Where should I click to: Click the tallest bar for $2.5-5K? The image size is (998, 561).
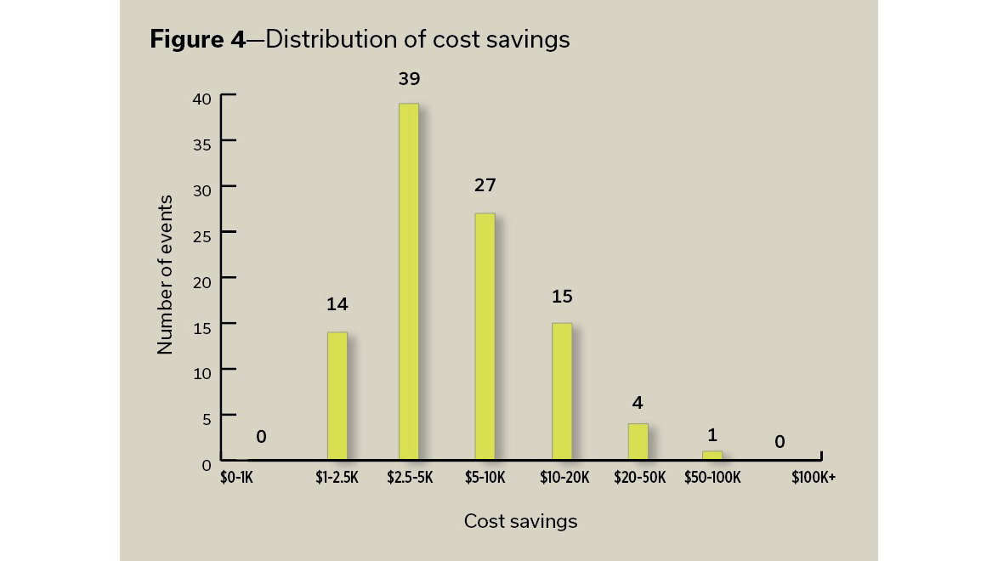409,280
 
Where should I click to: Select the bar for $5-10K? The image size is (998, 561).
485,336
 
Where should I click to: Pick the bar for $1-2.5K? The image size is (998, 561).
337,395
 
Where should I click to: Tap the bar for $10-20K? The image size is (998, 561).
561,391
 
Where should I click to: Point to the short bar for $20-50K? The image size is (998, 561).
638,441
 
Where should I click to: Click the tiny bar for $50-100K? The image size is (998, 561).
712,455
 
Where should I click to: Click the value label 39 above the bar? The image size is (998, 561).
409,79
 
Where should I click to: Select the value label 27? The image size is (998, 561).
485,184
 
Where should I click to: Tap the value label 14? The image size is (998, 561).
337,304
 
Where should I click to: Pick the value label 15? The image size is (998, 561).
562,297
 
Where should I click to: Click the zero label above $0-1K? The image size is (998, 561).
261,437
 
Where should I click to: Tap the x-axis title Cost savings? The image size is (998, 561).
520,522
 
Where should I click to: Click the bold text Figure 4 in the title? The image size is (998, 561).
196,39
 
